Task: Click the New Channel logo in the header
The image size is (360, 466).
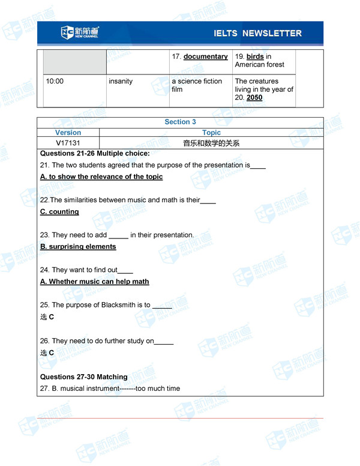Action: (x=80, y=33)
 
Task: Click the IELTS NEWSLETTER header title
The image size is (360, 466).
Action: (x=257, y=34)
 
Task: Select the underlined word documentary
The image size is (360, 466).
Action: (x=205, y=56)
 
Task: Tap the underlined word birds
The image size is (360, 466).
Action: (x=255, y=56)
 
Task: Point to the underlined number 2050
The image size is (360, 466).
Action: (x=254, y=97)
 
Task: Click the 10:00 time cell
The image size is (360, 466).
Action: (x=55, y=81)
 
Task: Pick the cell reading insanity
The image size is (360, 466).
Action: (x=121, y=81)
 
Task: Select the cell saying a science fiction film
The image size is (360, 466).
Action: (x=197, y=85)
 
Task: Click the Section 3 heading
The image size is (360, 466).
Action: (x=180, y=122)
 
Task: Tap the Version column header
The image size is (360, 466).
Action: (x=68, y=133)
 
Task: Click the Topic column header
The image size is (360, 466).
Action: (x=211, y=133)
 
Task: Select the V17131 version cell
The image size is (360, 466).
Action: (x=68, y=143)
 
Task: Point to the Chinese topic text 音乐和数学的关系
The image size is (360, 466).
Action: (x=211, y=143)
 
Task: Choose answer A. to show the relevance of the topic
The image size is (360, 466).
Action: (x=101, y=177)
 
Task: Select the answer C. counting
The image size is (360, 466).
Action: (x=59, y=211)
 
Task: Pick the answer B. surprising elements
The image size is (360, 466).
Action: (x=78, y=246)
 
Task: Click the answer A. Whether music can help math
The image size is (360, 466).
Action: (x=95, y=281)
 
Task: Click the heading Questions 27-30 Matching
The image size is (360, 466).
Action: (x=84, y=377)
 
